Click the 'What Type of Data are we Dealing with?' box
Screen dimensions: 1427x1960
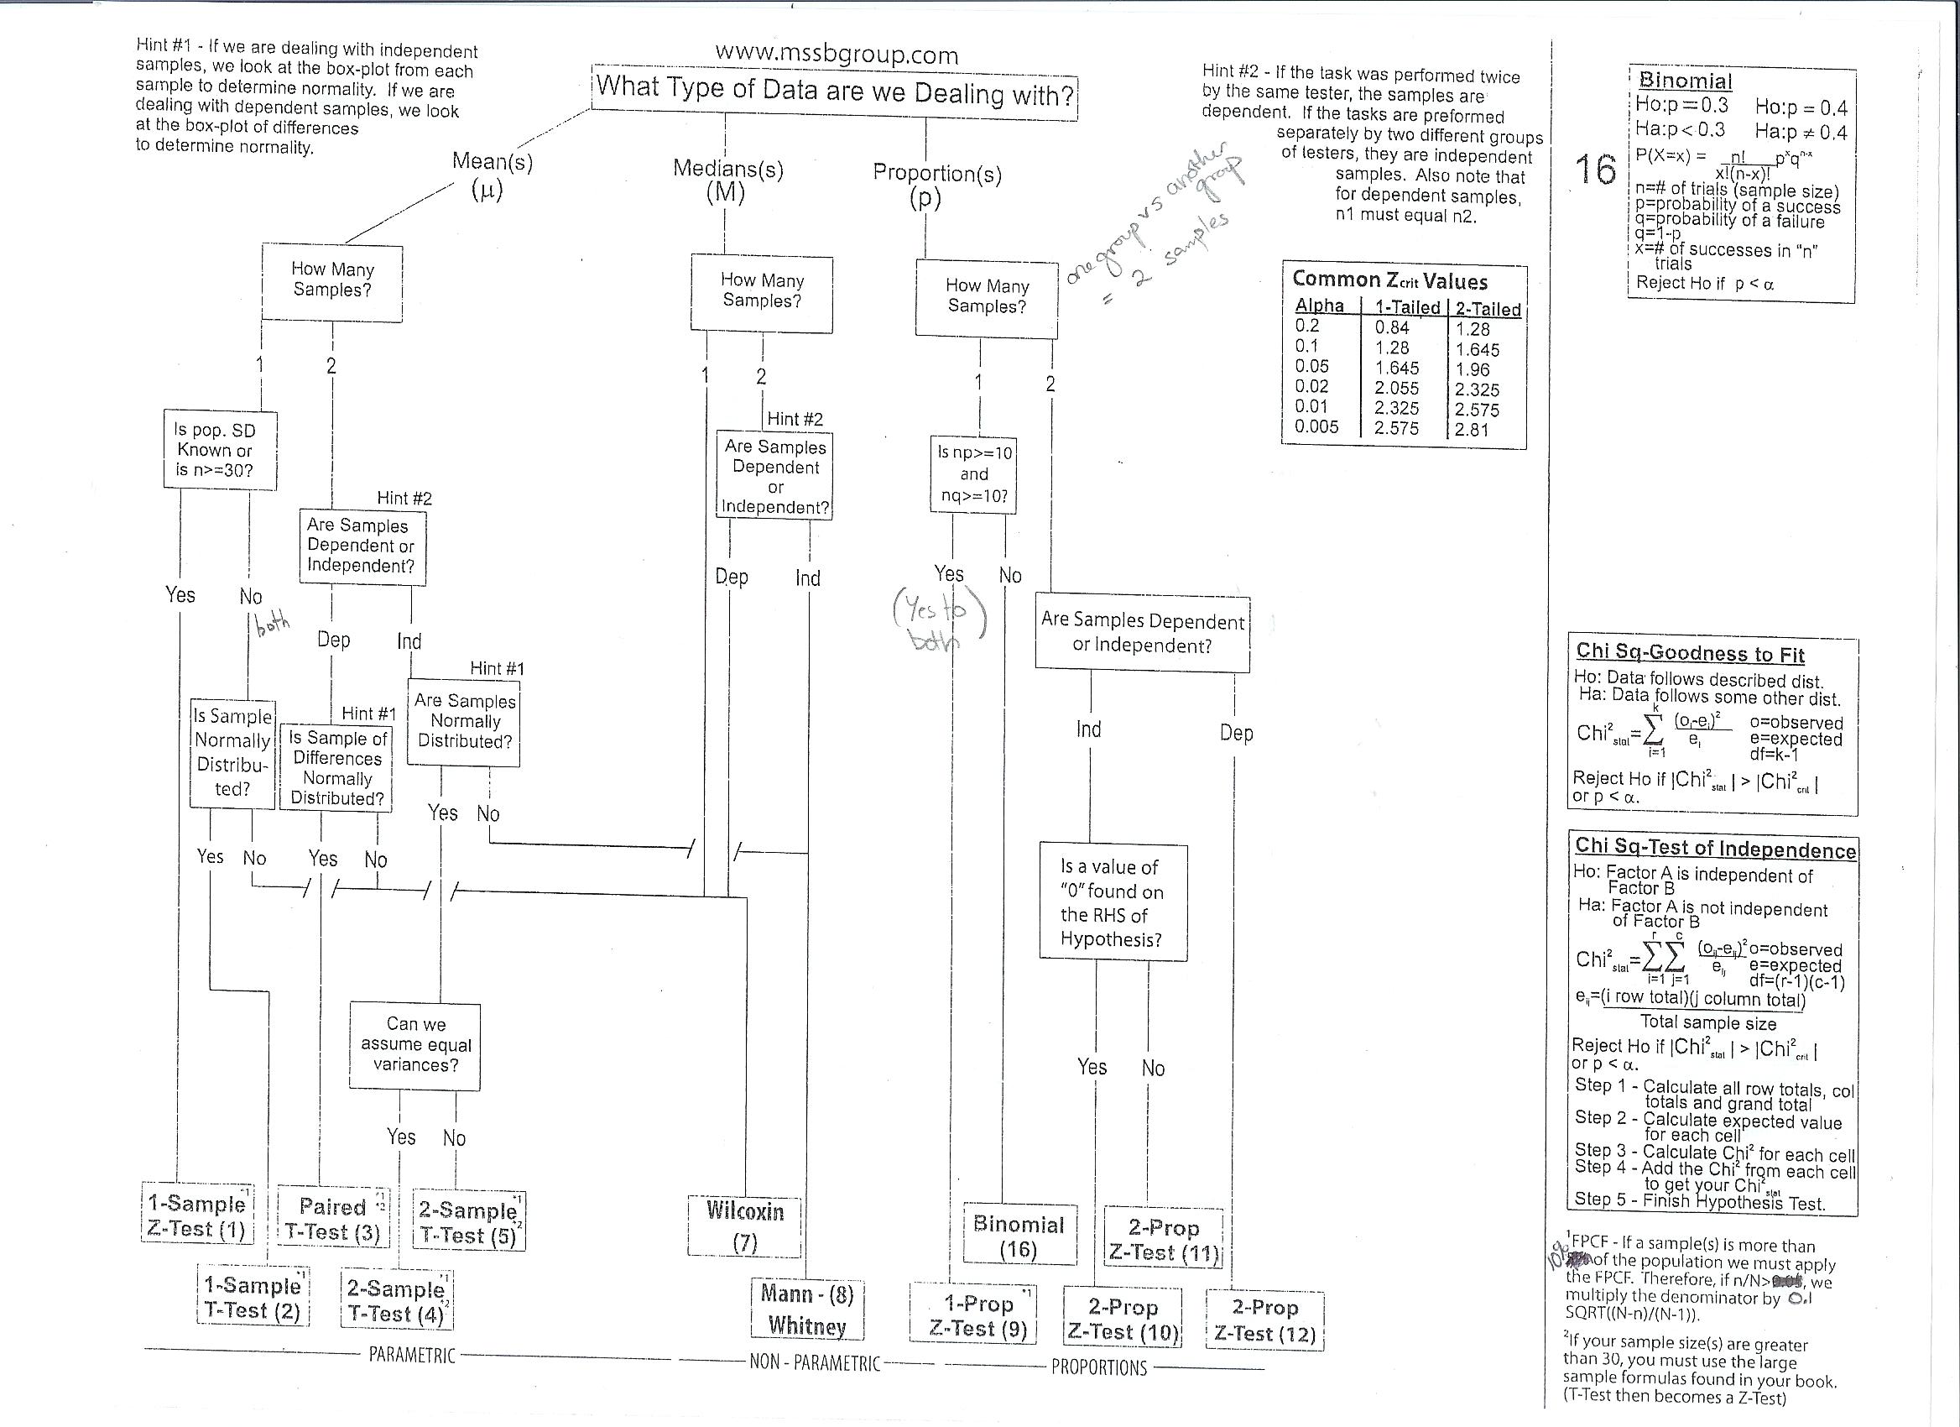click(x=835, y=91)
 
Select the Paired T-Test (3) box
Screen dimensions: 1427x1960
click(x=334, y=1219)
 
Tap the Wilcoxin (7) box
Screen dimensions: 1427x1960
click(x=744, y=1226)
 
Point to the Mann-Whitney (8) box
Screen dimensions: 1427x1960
click(x=807, y=1309)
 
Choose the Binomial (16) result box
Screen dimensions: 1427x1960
click(x=1019, y=1236)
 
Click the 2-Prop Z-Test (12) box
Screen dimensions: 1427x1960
click(x=1264, y=1320)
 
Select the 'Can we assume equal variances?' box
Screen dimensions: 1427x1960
click(x=415, y=1045)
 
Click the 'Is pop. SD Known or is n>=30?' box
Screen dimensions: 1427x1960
click(x=221, y=450)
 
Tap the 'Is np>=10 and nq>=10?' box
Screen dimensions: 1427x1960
click(x=973, y=474)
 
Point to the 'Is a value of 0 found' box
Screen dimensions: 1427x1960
click(x=1113, y=902)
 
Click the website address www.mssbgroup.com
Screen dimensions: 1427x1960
click(x=837, y=55)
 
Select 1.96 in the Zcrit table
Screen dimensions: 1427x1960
click(x=1473, y=370)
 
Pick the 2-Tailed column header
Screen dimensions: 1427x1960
click(x=1488, y=309)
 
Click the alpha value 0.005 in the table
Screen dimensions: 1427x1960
click(x=1316, y=427)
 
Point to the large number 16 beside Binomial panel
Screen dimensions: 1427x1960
click(x=1595, y=170)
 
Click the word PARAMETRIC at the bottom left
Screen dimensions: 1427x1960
click(x=411, y=1356)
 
